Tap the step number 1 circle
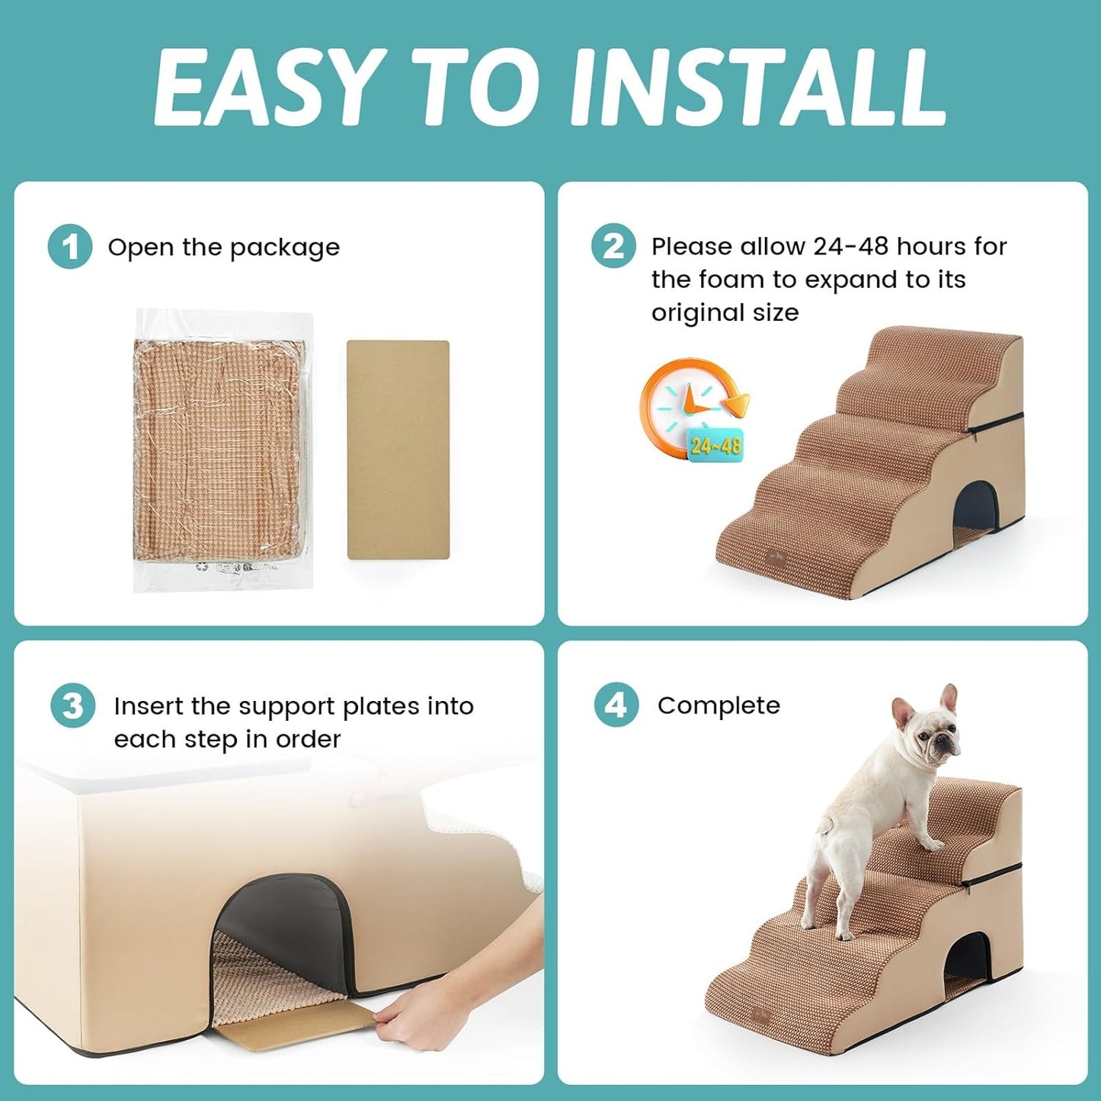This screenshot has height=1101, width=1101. pos(70,247)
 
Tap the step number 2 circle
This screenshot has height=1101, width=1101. pos(613,246)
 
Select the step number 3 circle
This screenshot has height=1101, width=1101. pos(72,706)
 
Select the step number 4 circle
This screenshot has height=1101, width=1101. pos(616,705)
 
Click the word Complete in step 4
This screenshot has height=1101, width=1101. pos(719,706)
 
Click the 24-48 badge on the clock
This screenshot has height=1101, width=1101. pos(715,445)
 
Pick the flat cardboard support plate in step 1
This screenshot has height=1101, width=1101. pos(398,450)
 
